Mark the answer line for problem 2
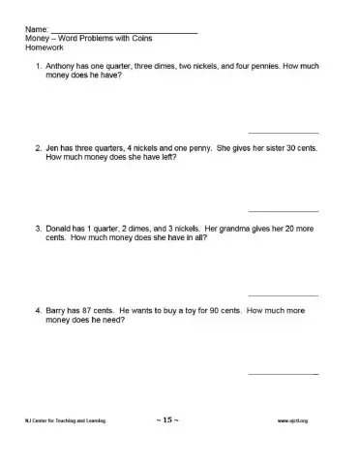point(284,211)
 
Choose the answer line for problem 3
point(284,294)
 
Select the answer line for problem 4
point(284,374)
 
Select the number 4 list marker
point(36,313)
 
